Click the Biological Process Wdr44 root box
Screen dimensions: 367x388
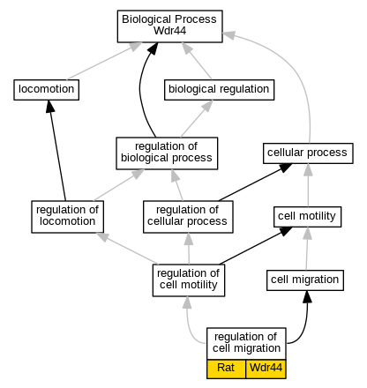tap(169, 26)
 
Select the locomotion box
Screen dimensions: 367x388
tap(46, 90)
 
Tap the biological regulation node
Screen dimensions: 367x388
tap(219, 90)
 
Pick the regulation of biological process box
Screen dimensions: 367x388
tap(167, 153)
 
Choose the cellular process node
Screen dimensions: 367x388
tap(308, 153)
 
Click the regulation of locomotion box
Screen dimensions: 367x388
tap(67, 217)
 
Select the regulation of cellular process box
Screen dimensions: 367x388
tap(188, 217)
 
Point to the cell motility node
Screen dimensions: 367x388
tap(307, 217)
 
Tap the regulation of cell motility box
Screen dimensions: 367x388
tap(189, 280)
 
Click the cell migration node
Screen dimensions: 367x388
tap(305, 280)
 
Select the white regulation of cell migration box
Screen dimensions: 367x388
tap(246, 343)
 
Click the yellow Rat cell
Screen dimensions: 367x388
tap(226, 369)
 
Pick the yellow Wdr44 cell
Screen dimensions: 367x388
tap(266, 369)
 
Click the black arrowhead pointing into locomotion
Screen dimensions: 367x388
tap(50, 106)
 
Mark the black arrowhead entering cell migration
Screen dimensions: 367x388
tap(307, 296)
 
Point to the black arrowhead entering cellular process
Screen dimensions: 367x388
tap(285, 168)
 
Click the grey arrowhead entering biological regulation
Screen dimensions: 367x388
tap(207, 106)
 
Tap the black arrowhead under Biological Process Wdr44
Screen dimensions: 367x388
tap(154, 48)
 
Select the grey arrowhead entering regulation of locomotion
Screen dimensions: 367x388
tap(102, 236)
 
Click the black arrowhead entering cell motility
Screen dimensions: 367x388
tap(285, 231)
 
